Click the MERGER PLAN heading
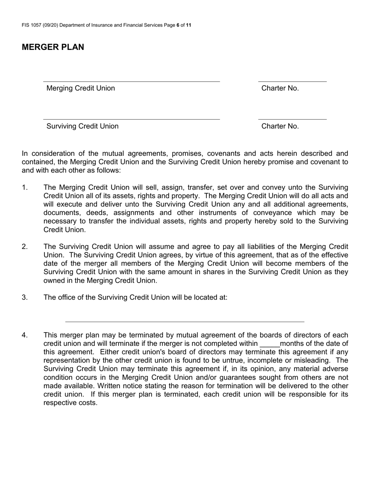(53, 47)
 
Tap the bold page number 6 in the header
(178, 25)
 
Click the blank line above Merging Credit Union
(131, 81)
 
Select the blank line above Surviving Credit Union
(131, 119)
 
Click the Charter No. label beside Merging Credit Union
(280, 88)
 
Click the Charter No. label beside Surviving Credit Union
(280, 126)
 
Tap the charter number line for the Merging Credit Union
(292, 81)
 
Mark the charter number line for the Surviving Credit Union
(292, 119)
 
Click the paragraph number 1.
(25, 188)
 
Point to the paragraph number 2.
(25, 247)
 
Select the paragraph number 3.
(25, 298)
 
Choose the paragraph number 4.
(25, 335)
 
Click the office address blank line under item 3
(185, 321)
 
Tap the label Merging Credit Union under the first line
(81, 88)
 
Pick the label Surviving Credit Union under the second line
(83, 126)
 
